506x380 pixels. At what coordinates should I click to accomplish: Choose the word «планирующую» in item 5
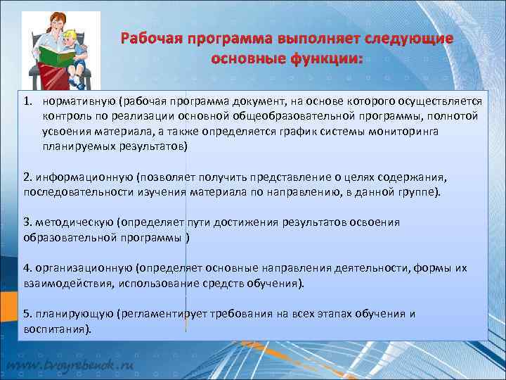click(x=73, y=313)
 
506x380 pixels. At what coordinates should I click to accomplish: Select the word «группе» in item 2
click(x=419, y=191)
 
